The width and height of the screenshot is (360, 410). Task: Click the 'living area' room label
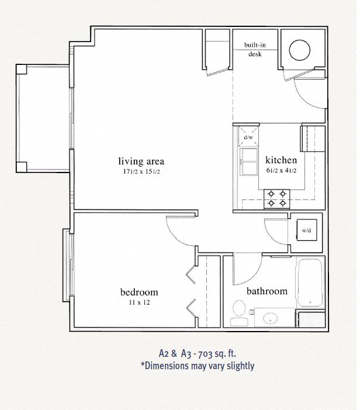(141, 161)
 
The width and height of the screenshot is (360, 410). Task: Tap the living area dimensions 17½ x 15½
(141, 171)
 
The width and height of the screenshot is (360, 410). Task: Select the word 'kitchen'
(281, 160)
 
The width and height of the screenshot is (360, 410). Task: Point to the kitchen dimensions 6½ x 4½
(281, 170)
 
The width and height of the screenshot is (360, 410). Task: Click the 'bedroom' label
(139, 292)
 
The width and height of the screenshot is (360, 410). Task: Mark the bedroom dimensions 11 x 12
(139, 302)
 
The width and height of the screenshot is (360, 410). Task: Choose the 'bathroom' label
(267, 291)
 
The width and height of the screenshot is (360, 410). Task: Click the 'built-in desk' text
(255, 49)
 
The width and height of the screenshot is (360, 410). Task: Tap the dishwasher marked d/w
(248, 137)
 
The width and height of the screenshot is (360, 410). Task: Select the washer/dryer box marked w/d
(307, 230)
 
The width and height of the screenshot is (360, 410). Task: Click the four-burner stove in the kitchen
(277, 199)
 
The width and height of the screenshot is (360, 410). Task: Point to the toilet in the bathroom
(239, 313)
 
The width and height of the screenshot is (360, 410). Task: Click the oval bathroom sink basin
(270, 319)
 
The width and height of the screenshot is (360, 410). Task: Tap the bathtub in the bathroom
(310, 282)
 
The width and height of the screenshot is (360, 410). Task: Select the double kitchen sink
(248, 162)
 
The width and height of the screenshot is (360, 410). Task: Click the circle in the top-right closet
(300, 50)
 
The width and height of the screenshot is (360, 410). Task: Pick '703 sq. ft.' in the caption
(217, 354)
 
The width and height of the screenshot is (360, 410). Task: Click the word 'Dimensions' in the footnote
(167, 366)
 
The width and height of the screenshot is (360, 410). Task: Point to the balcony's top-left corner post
(22, 69)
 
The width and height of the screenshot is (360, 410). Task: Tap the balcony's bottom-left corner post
(22, 167)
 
